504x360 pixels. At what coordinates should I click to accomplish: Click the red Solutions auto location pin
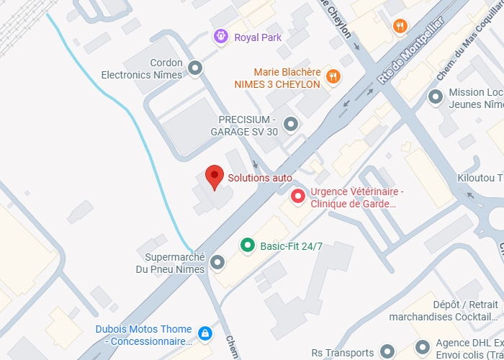point(213,176)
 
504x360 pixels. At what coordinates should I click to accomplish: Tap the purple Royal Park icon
point(221,36)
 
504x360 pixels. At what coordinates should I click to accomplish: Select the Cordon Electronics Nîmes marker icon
point(195,68)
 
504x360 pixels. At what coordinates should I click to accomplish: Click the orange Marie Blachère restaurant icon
point(333,76)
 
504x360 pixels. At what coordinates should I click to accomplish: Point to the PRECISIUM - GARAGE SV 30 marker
point(291,125)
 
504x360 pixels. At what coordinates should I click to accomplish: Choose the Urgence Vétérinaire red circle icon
point(297,196)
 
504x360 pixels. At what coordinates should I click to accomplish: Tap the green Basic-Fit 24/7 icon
point(247,246)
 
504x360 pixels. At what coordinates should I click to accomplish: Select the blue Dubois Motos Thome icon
point(205,333)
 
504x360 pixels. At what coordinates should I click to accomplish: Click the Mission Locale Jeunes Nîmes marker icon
point(435,96)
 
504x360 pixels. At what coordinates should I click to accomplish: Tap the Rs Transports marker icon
point(387,352)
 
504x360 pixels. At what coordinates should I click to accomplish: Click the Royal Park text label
point(258,37)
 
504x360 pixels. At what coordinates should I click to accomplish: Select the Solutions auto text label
point(260,177)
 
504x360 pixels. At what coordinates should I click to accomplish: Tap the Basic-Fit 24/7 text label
point(291,246)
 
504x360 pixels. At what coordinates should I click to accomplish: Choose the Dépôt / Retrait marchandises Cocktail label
point(443,310)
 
